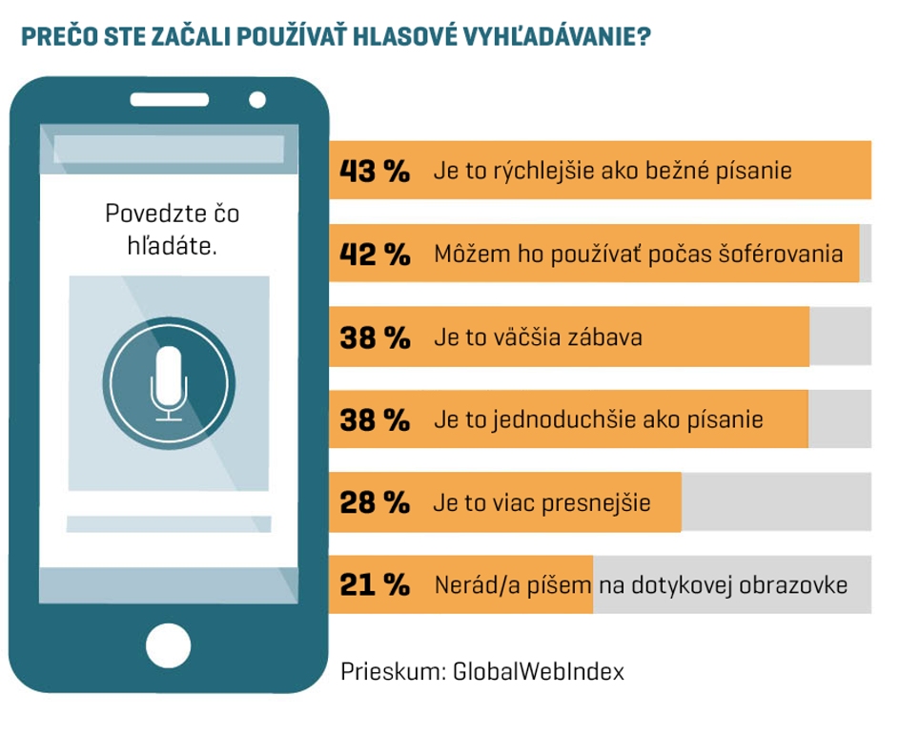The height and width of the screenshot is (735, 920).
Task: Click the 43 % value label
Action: pos(375,172)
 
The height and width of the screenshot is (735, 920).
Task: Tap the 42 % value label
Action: pos(375,255)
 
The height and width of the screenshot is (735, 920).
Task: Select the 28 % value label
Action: pos(375,502)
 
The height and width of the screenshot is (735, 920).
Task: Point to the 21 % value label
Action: pos(375,585)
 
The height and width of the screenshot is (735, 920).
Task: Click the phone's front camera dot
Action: pos(256,99)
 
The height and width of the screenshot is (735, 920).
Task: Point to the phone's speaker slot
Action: pos(169,99)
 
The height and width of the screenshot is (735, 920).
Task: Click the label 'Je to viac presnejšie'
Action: pos(542,502)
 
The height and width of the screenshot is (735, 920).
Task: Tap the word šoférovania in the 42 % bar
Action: pos(787,255)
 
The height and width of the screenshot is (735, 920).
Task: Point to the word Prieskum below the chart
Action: pos(389,671)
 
